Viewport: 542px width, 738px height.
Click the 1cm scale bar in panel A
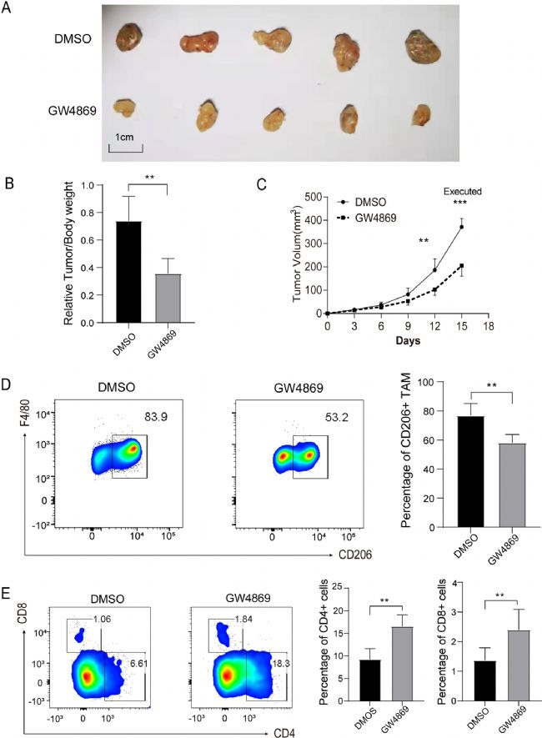tap(126, 151)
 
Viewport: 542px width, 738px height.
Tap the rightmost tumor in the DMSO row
tap(423, 47)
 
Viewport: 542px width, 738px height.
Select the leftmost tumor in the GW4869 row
tap(125, 108)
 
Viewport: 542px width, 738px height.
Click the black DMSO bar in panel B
tap(128, 272)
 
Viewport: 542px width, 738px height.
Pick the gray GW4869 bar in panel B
tap(168, 299)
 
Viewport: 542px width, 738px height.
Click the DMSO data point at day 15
tap(462, 227)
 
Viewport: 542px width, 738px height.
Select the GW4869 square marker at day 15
tap(462, 265)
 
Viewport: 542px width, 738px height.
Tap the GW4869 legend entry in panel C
tap(367, 218)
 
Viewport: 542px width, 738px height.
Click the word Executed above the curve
tap(463, 192)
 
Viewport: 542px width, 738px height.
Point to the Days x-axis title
tap(408, 340)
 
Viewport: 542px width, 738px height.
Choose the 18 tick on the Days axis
tap(489, 325)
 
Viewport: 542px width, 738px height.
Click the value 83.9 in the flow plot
tap(156, 417)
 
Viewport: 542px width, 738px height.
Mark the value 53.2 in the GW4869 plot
tap(336, 417)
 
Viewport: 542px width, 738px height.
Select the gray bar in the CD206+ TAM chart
tap(512, 485)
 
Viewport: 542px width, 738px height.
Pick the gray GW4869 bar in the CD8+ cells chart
tap(519, 665)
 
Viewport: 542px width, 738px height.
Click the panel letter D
tap(7, 384)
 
